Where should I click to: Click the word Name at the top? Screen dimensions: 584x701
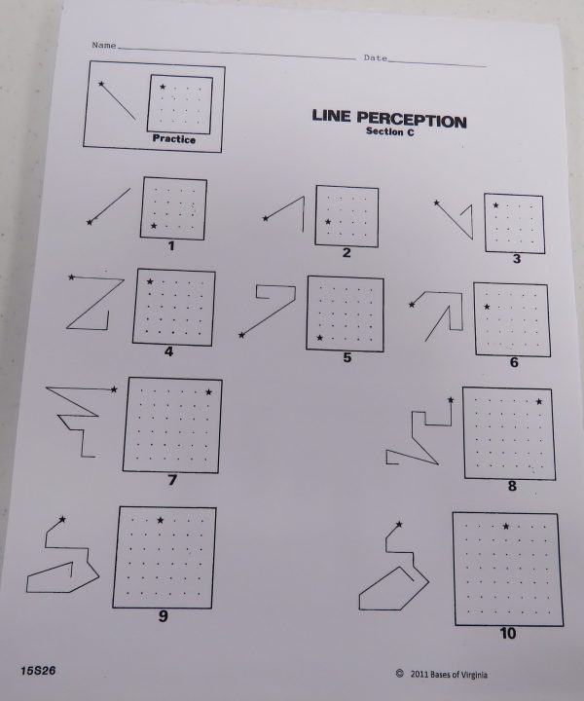104,45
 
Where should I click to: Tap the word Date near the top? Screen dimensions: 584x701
376,57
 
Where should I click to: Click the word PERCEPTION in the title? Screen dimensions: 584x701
412,120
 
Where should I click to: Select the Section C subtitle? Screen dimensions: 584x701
390,131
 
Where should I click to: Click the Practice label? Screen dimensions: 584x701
174,138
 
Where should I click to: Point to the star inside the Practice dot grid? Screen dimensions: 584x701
163,87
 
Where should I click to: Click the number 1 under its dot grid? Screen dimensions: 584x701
171,245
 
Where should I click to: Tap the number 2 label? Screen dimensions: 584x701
347,252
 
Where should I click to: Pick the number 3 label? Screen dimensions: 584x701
517,259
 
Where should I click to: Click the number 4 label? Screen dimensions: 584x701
168,351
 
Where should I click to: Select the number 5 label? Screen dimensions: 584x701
347,357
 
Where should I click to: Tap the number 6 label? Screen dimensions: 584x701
514,362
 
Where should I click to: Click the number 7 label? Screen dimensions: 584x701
172,480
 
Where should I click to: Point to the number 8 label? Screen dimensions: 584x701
512,486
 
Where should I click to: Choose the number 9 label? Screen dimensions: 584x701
164,616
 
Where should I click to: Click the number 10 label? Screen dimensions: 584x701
508,633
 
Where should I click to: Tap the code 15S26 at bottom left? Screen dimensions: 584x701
38,671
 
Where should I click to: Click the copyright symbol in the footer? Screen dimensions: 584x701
399,673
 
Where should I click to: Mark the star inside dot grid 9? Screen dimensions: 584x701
160,520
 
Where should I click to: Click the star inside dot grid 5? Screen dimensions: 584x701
319,338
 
